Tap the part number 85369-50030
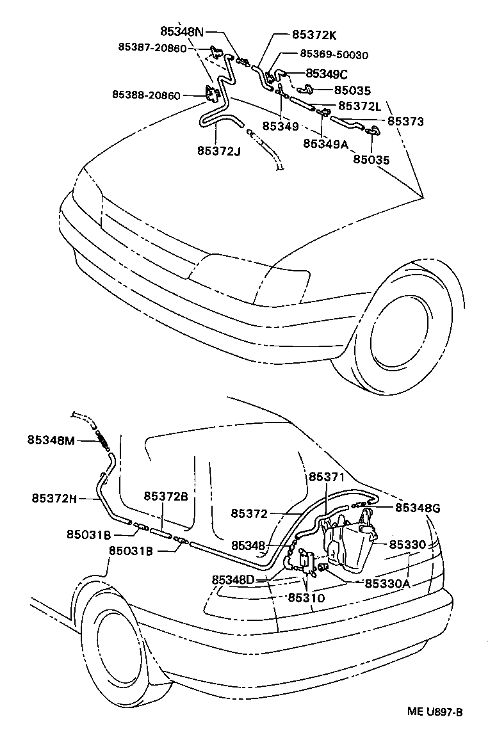point(334,56)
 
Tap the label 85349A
point(325,144)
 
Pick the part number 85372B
point(166,496)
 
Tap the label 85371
point(327,477)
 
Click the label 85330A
point(387,583)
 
